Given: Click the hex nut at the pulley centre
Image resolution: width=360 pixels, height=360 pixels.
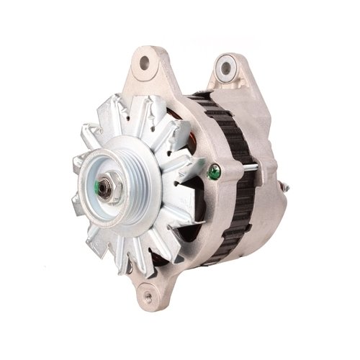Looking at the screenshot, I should [x=105, y=188].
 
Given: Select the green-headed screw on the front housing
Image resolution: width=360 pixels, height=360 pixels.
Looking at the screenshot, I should [x=213, y=173].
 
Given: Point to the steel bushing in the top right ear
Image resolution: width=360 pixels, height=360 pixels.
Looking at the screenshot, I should [x=226, y=69].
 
